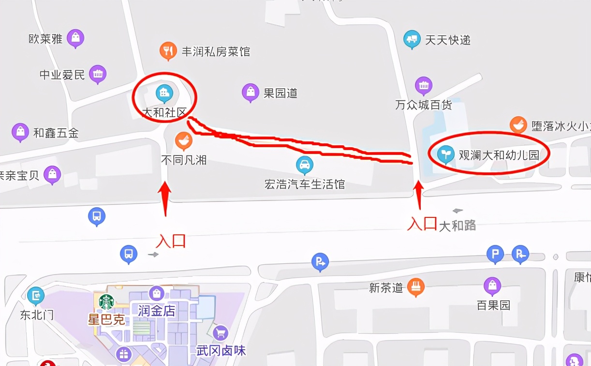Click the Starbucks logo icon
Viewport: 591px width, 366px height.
tap(106, 302)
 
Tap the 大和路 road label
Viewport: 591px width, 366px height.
tap(457, 225)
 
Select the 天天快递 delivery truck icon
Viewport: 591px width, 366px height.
tap(412, 39)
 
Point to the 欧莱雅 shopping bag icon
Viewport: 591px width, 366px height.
tap(75, 38)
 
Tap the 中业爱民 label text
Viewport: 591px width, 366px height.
tap(62, 75)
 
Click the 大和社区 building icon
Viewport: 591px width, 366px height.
tap(164, 92)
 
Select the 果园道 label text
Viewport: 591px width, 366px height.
tap(280, 93)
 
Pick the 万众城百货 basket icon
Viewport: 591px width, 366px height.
tap(424, 86)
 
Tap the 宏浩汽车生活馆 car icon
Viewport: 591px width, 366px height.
tap(304, 165)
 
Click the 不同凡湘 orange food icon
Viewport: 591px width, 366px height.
tap(183, 140)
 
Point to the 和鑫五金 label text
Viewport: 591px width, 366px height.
tap(56, 133)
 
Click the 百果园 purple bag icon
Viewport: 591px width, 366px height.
tap(492, 286)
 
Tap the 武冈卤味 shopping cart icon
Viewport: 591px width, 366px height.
tap(221, 332)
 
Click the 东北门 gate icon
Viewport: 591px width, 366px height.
tap(35, 295)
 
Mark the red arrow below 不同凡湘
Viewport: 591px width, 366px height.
tap(165, 198)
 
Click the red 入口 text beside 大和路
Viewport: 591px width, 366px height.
tap(422, 224)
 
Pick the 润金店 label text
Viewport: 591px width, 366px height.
tap(156, 311)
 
